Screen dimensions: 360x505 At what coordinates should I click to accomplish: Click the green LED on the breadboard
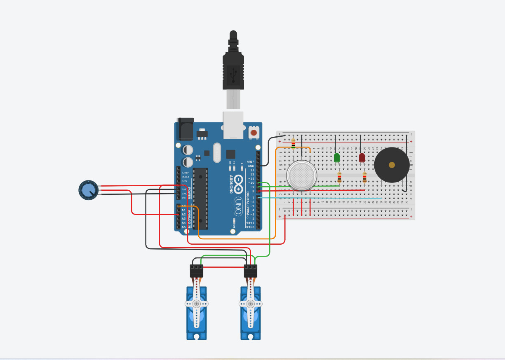[337, 157]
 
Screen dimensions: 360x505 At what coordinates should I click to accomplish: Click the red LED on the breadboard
[362, 157]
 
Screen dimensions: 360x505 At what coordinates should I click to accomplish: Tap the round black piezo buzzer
[392, 165]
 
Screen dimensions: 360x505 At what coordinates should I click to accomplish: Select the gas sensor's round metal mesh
[302, 175]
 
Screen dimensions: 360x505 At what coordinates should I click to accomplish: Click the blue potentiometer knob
[88, 190]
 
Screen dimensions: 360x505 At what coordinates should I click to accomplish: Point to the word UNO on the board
[238, 206]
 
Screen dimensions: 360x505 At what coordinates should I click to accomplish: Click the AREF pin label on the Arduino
[250, 162]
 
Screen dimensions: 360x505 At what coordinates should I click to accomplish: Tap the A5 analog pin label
[184, 227]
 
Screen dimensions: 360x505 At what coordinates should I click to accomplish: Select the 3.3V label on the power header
[184, 181]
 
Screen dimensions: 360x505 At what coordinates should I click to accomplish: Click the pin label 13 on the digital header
[252, 170]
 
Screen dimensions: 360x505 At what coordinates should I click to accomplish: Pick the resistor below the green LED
[339, 178]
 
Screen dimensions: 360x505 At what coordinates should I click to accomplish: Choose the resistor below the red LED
[364, 178]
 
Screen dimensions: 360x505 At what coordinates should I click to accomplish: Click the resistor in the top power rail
[293, 143]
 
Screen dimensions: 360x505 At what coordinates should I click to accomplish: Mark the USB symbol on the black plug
[233, 75]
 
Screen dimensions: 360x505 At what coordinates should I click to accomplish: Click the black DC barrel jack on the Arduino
[186, 129]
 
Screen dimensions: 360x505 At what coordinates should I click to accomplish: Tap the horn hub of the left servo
[197, 304]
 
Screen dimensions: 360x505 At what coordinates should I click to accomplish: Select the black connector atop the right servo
[251, 271]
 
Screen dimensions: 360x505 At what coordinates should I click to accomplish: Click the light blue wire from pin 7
[322, 198]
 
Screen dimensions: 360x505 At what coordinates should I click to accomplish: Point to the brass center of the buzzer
[392, 165]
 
